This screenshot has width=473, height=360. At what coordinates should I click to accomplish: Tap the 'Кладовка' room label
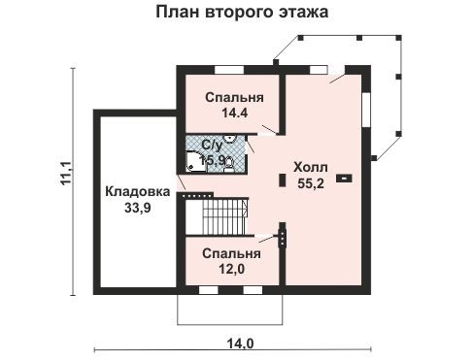pyautogui.click(x=133, y=190)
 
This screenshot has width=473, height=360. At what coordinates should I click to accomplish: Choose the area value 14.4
pyautogui.click(x=232, y=114)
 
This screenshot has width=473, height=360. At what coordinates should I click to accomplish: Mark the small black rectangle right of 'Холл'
pyautogui.click(x=344, y=179)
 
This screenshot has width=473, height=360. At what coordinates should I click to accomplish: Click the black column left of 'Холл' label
pyautogui.click(x=283, y=180)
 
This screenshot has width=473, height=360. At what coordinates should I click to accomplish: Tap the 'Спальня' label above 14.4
pyautogui.click(x=231, y=99)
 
